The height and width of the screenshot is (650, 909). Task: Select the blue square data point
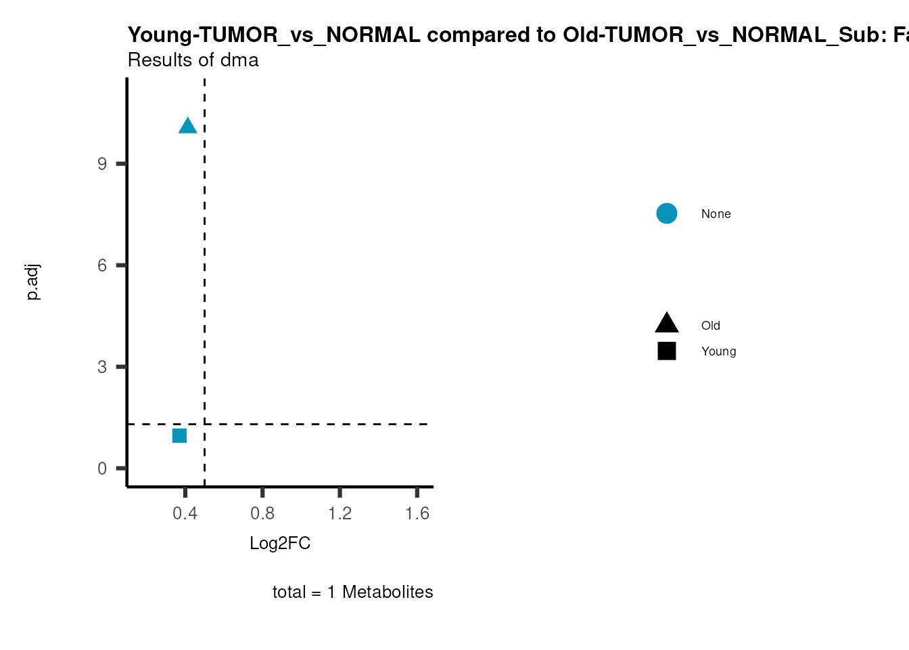click(x=179, y=435)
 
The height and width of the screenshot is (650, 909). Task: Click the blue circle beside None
click(x=666, y=214)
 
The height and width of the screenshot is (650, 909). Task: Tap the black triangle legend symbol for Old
click(x=666, y=324)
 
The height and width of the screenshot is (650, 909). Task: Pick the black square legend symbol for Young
click(x=666, y=351)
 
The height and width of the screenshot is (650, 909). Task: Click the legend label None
click(x=716, y=214)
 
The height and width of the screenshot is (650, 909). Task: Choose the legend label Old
click(x=710, y=326)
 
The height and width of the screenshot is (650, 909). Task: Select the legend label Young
click(x=718, y=351)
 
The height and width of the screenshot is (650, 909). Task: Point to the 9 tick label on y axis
click(x=102, y=164)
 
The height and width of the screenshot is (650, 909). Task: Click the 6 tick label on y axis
click(x=102, y=265)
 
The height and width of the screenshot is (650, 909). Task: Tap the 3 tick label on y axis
click(x=102, y=367)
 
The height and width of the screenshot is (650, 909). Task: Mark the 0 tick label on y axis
click(x=102, y=469)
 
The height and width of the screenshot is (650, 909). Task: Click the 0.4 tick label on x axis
click(x=185, y=514)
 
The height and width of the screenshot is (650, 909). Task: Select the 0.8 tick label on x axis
click(x=262, y=514)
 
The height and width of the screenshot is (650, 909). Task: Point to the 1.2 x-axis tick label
click(x=340, y=514)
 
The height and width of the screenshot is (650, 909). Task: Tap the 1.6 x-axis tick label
click(x=417, y=514)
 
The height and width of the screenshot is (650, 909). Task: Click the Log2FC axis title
click(x=280, y=544)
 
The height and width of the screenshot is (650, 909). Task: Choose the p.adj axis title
click(x=32, y=282)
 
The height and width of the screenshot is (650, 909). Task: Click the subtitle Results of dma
click(x=193, y=60)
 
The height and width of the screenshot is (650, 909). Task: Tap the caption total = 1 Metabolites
click(x=352, y=592)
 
